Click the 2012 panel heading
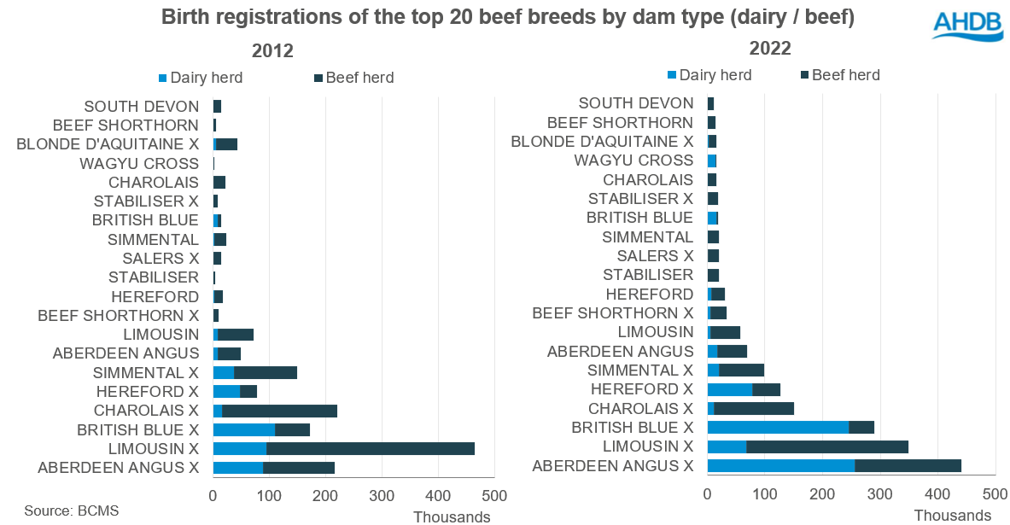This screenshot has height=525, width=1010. tap(266, 50)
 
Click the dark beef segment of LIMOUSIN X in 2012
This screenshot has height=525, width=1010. tap(370, 448)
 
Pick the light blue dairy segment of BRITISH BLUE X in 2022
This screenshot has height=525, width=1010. tap(778, 427)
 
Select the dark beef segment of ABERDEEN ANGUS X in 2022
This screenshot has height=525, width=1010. tap(908, 465)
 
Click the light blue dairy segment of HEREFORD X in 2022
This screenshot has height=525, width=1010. tap(730, 389)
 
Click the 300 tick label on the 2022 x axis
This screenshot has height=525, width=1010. tap(880, 493)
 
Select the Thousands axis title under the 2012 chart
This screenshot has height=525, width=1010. tap(452, 516)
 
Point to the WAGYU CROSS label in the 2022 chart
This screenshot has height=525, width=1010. tap(633, 160)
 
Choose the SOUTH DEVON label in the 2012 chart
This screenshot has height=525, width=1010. tap(141, 107)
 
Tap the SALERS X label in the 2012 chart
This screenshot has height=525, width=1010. tap(160, 258)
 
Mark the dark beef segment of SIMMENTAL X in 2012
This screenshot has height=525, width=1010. tap(266, 372)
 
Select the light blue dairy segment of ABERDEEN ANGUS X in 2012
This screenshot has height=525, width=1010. tap(237, 467)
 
